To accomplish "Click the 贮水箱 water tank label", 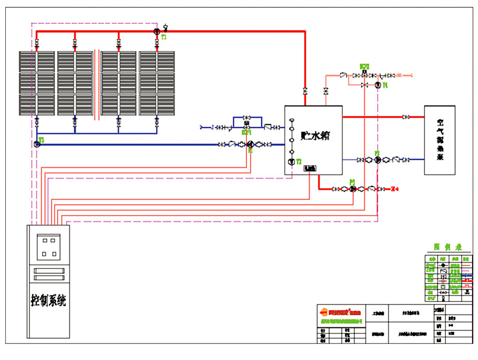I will pos(315,136).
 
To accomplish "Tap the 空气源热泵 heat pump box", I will pos(440,140).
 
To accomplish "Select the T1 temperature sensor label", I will pos(164,37).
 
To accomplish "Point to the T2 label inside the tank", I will pos(299,162).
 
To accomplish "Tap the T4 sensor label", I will pos(385,85).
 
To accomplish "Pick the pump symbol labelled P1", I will pos(250,144).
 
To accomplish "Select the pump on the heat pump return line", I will pos(377,159).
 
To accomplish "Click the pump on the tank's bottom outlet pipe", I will pos(353,188).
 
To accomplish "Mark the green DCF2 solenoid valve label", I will pos(364,66).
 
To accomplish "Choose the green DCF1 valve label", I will pos(246,132).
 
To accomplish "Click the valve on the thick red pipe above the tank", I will pos(305,91).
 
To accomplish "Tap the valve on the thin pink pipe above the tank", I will pos(326,91).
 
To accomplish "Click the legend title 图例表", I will pos(444,247).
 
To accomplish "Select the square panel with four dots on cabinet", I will pos(49,247).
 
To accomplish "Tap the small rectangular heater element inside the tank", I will pos(310,168).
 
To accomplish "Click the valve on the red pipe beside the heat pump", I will pos(406,117).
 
